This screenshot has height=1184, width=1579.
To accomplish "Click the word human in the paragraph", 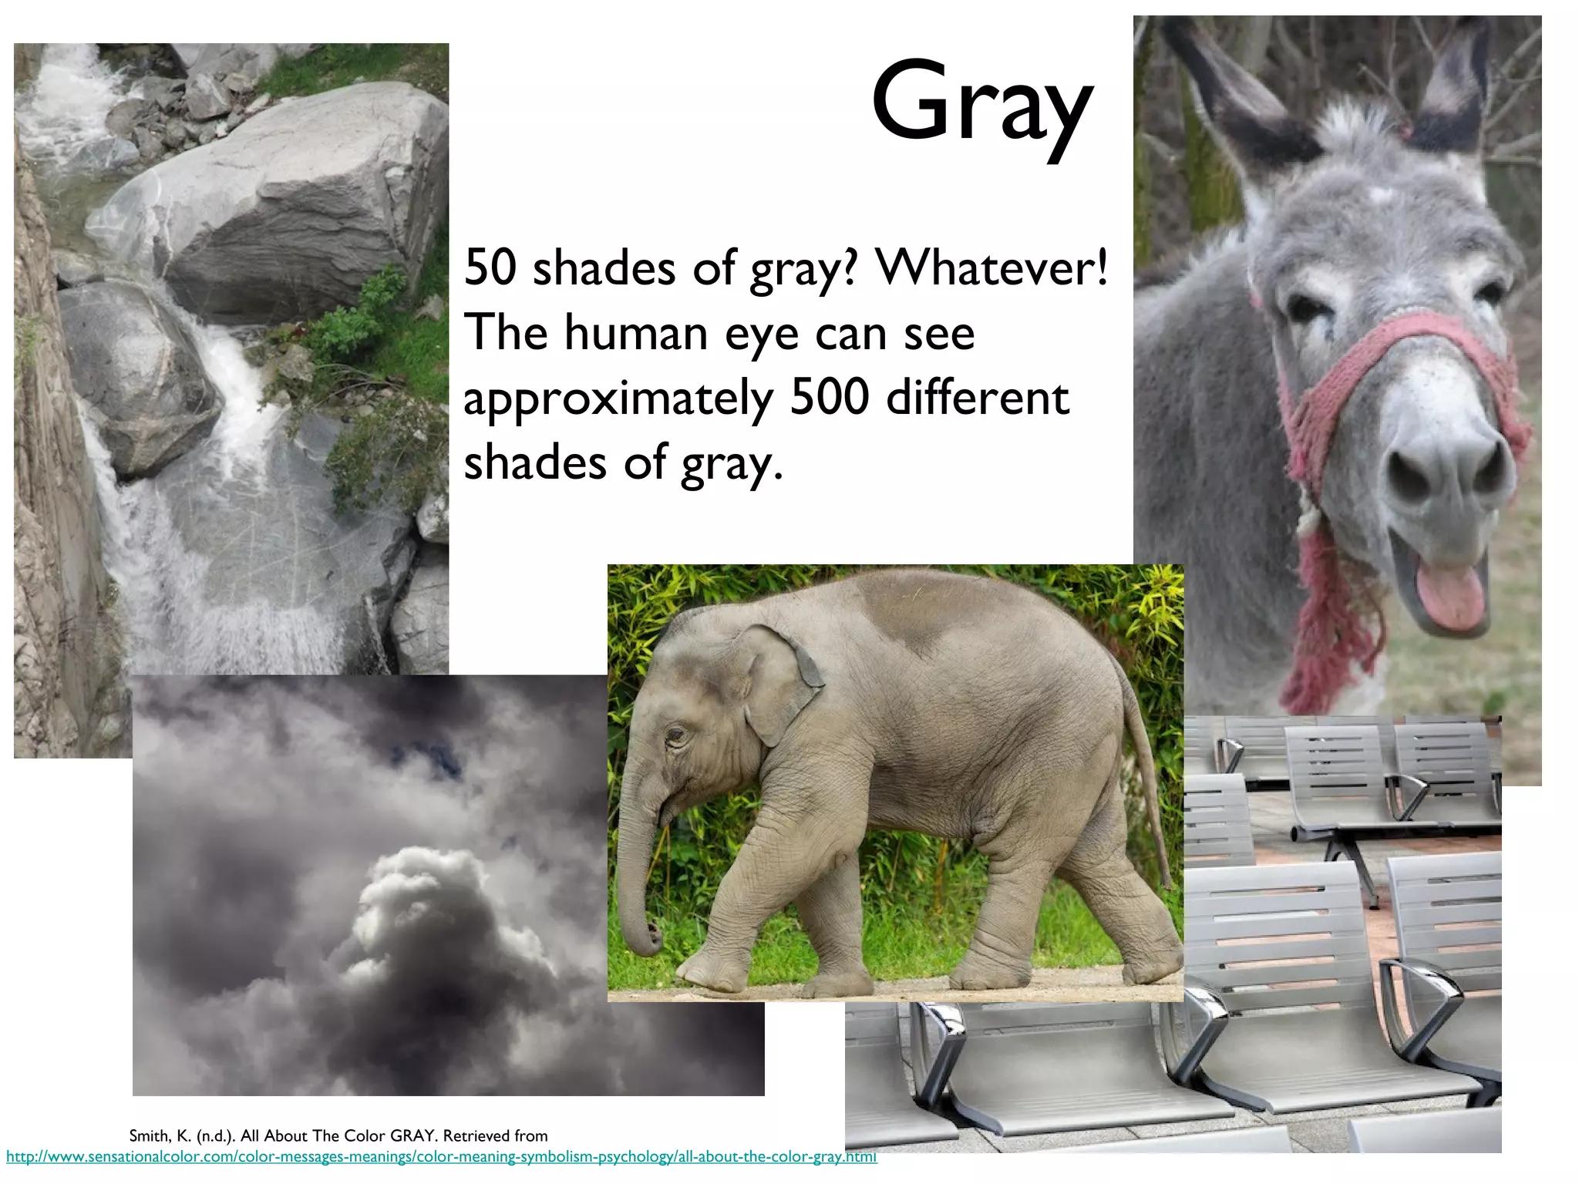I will point(635,334).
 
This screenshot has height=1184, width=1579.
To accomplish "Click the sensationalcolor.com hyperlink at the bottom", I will point(441,1157).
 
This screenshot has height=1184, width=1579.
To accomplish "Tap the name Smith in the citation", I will point(148,1135).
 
